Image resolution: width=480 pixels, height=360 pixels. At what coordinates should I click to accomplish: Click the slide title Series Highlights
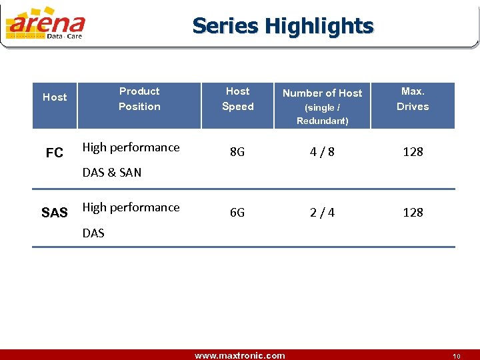click(283, 26)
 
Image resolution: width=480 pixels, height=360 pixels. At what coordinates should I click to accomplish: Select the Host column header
click(55, 97)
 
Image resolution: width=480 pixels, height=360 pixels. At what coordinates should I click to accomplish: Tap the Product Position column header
click(139, 99)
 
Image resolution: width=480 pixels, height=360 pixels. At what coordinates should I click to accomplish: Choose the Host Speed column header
click(238, 99)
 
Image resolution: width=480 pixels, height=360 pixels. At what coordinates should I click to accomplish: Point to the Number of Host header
click(322, 93)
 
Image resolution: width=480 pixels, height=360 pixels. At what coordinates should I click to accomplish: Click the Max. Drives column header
click(413, 99)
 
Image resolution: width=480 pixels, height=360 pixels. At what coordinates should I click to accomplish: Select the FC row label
click(55, 153)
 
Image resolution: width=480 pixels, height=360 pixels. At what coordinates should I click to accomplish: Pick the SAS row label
click(55, 213)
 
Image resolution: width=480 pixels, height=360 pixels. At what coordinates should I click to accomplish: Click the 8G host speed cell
click(237, 152)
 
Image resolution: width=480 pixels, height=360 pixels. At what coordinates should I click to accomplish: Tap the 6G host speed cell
click(237, 213)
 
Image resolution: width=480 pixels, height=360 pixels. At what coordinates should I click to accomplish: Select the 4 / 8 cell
click(322, 152)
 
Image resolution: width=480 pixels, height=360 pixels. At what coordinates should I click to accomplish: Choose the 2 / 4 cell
click(322, 213)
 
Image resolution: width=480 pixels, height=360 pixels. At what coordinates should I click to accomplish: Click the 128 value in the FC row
click(413, 152)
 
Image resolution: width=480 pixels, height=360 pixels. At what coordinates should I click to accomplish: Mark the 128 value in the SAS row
click(413, 213)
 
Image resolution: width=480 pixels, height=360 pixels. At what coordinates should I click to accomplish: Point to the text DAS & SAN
click(112, 173)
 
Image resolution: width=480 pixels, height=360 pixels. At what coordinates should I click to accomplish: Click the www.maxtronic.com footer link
click(239, 355)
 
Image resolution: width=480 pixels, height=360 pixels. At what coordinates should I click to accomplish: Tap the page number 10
click(457, 356)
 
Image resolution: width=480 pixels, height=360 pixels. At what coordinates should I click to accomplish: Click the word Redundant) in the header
click(323, 121)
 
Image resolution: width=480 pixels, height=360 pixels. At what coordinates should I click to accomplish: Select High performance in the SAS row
click(131, 207)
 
